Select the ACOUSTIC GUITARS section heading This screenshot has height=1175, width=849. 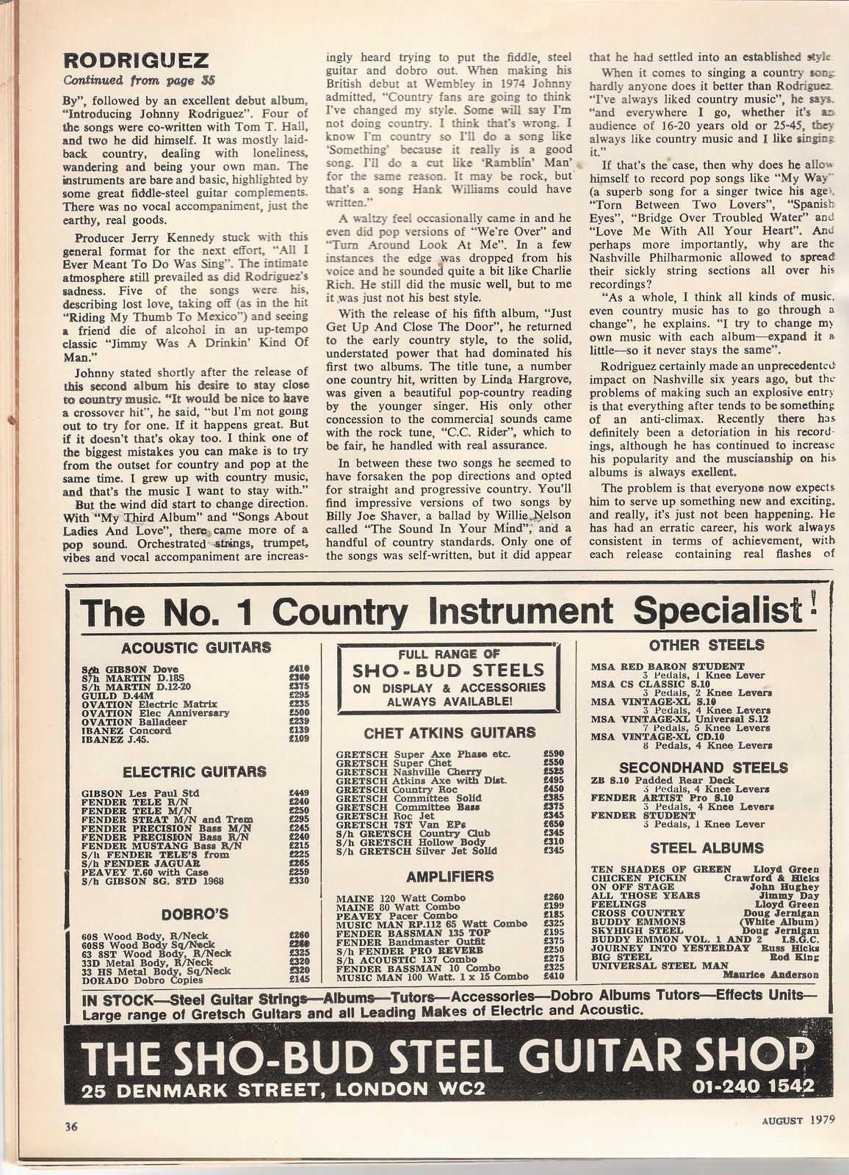[x=195, y=647]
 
